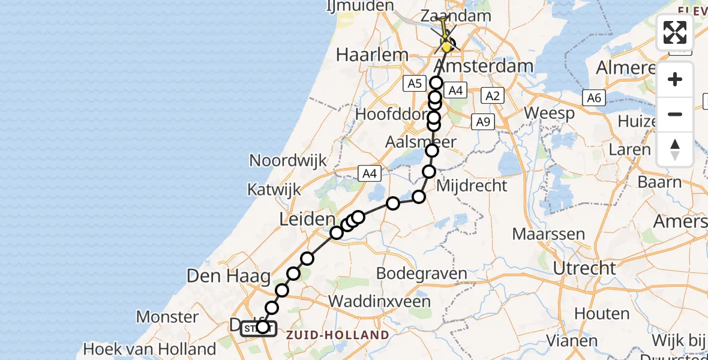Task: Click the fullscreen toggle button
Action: (675, 32)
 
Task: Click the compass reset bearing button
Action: (675, 149)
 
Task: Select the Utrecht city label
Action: (584, 268)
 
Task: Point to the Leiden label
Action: (307, 220)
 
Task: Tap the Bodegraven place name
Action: (421, 274)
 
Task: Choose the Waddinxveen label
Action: (388, 301)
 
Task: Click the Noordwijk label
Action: (288, 161)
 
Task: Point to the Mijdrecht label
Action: (472, 185)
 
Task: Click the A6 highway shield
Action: (593, 98)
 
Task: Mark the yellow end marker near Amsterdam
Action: (446, 47)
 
